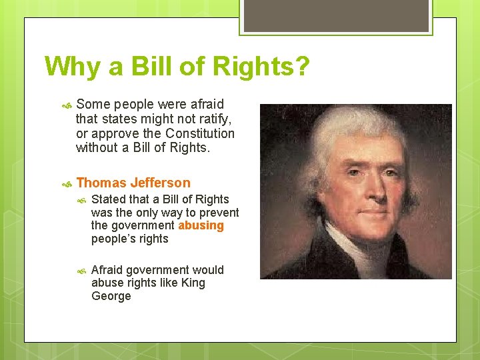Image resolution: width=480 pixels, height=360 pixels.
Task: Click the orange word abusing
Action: click(x=201, y=225)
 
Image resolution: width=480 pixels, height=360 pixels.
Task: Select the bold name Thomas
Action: click(x=101, y=183)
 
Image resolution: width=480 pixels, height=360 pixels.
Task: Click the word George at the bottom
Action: click(x=111, y=296)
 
